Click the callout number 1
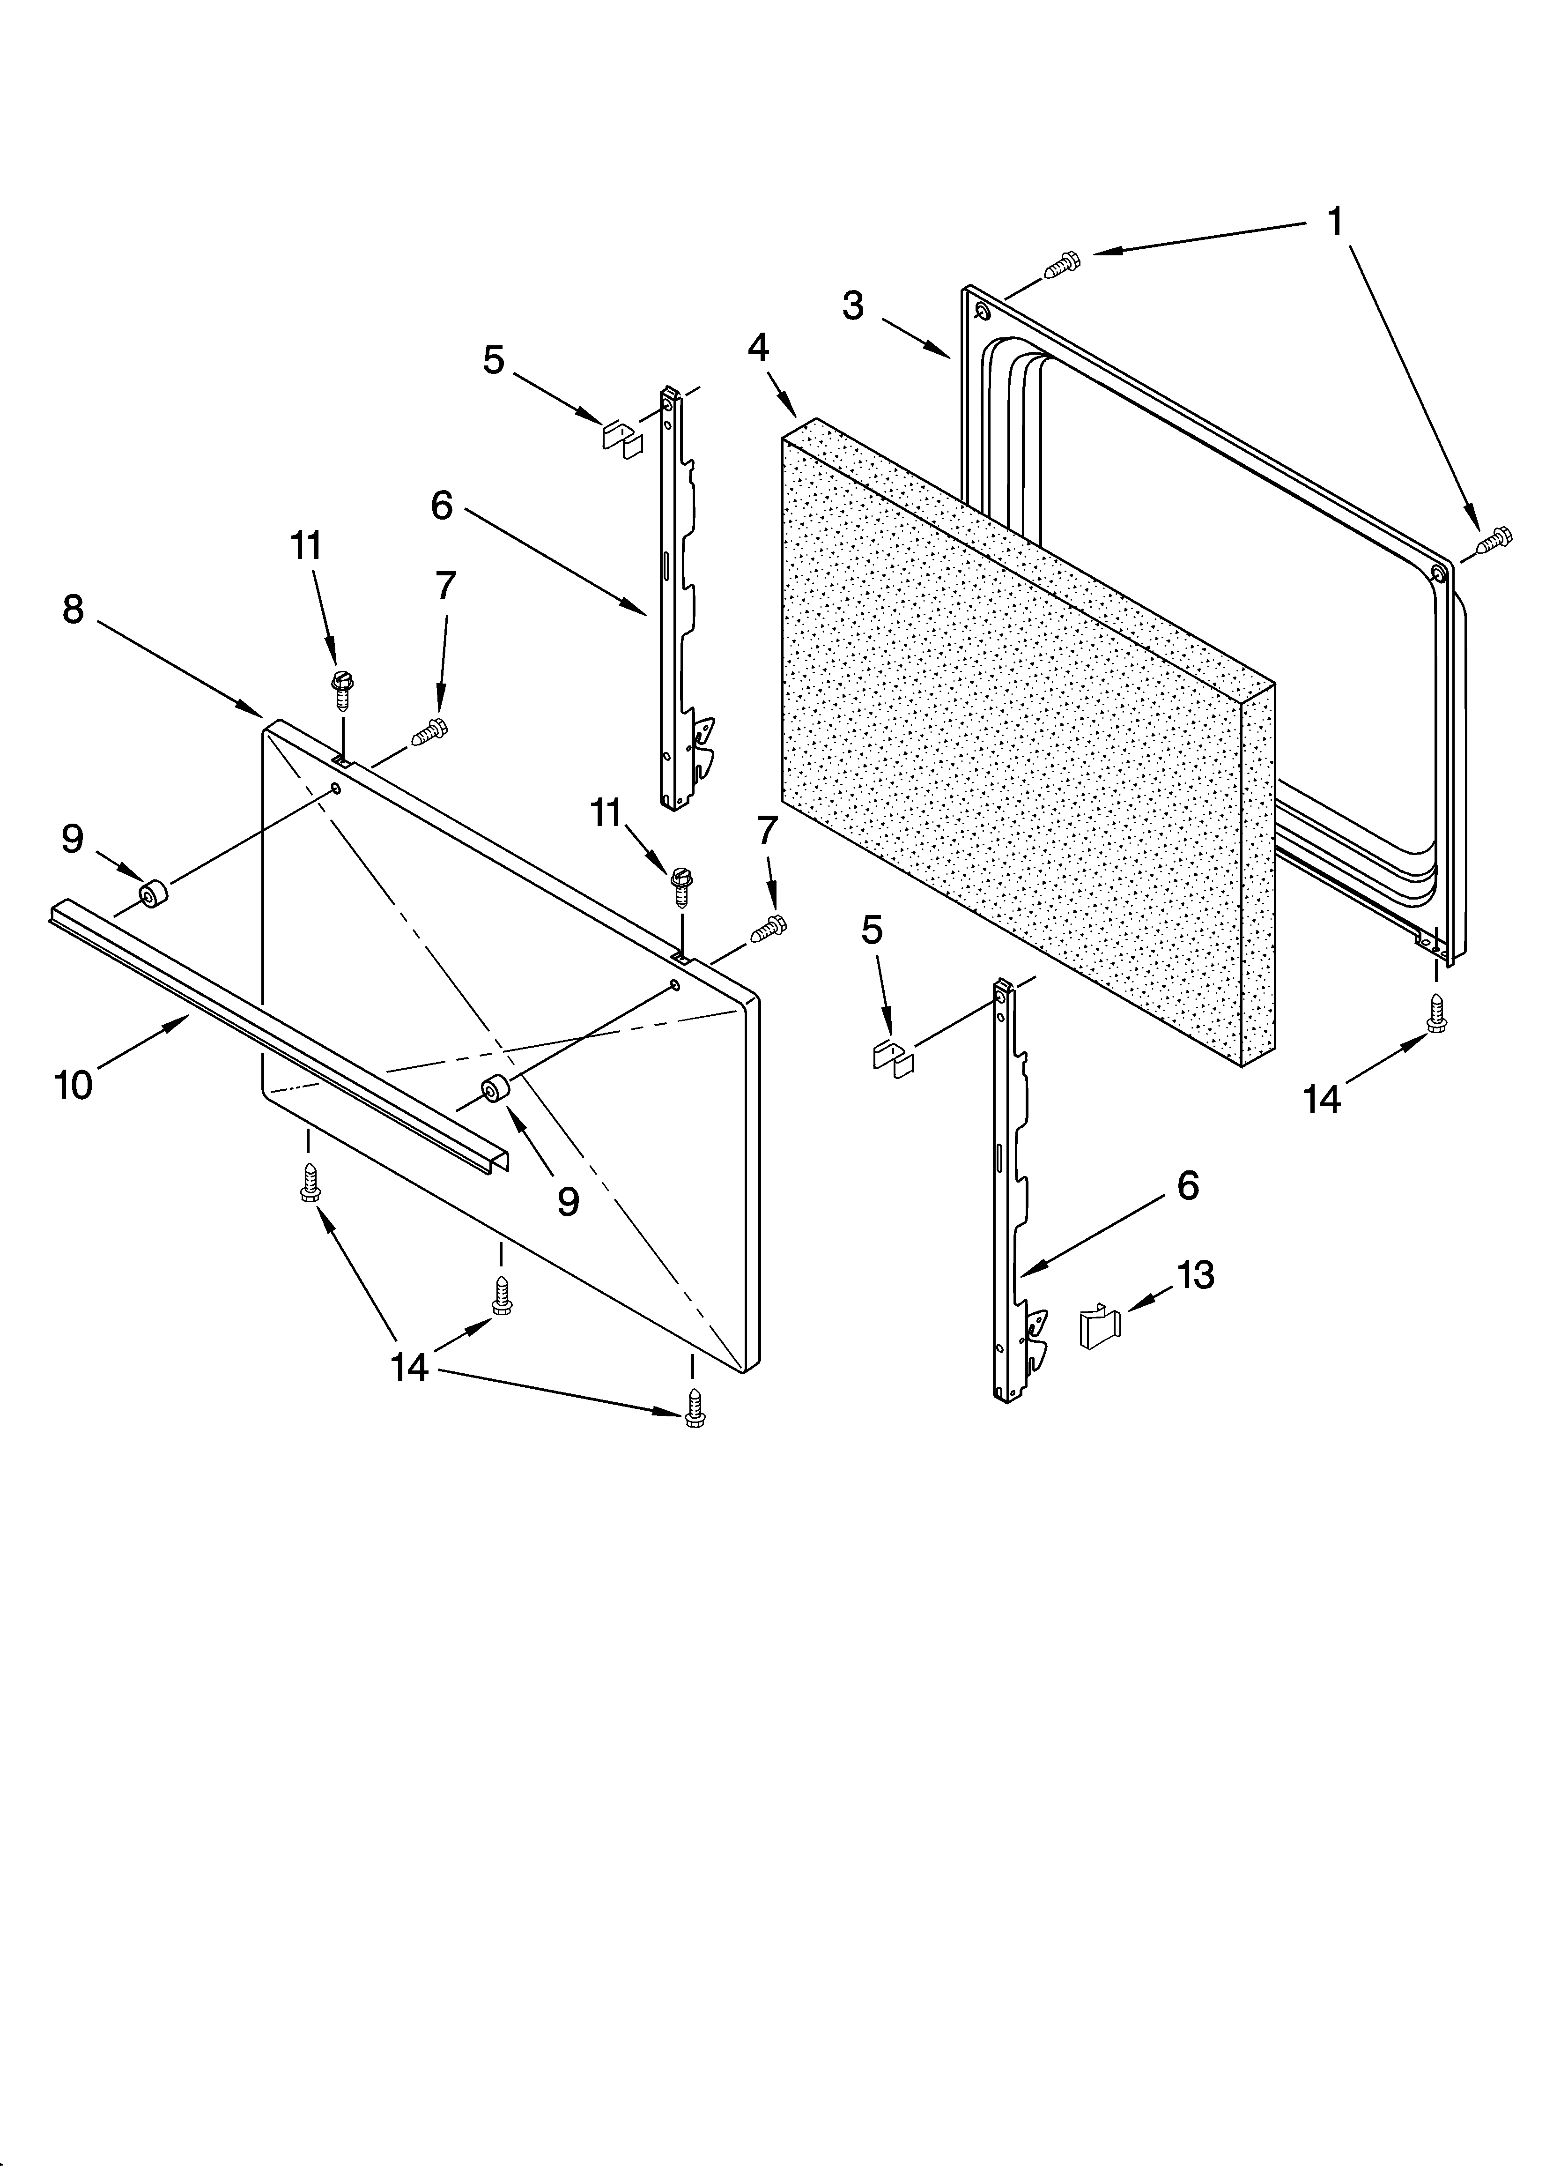click(x=1335, y=223)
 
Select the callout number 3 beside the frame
click(x=853, y=306)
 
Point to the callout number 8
click(x=74, y=608)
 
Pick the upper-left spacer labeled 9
click(x=152, y=896)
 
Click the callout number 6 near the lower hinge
click(x=1187, y=1186)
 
